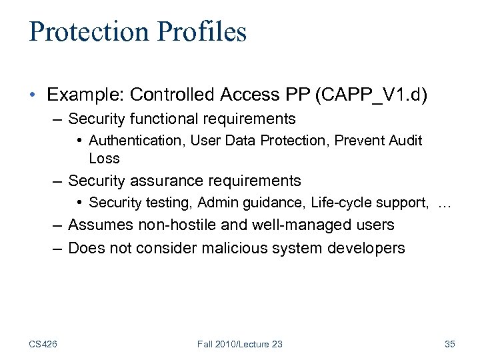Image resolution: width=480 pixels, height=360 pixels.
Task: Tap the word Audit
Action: coord(407,141)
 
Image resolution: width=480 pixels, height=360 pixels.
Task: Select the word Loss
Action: coord(104,158)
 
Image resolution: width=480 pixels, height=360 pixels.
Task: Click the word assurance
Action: coord(162,181)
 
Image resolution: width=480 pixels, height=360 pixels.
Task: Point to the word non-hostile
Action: coord(172,225)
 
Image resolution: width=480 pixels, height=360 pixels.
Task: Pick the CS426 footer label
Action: coord(43,344)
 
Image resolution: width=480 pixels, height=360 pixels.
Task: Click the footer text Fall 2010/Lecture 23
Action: coord(239,344)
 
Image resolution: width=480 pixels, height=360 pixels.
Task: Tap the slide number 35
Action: coord(449,344)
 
